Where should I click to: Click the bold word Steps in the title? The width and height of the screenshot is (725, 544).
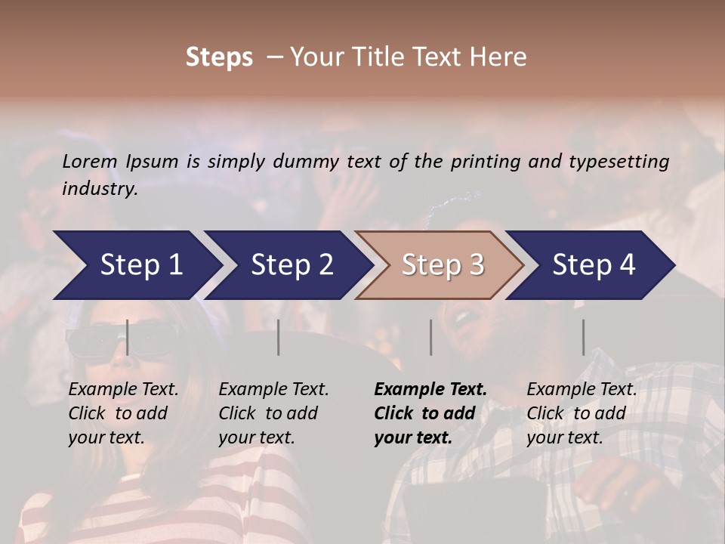click(x=219, y=57)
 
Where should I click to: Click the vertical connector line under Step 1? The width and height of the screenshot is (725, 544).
click(x=128, y=337)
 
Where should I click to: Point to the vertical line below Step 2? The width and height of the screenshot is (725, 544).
click(x=279, y=337)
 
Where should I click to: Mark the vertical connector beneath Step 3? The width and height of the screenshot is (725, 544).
click(x=431, y=337)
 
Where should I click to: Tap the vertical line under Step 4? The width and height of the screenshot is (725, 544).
click(x=584, y=337)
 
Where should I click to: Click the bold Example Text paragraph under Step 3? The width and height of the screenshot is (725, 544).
click(x=430, y=413)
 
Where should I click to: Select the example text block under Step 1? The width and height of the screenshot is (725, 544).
click(x=123, y=413)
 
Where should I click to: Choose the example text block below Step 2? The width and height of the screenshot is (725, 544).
click(x=273, y=413)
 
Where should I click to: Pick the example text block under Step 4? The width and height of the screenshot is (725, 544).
click(x=582, y=413)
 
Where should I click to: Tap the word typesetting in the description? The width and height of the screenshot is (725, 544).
click(x=625, y=162)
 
